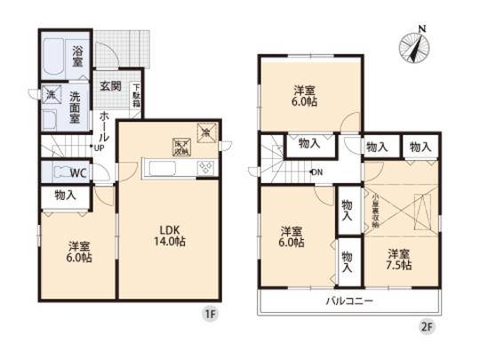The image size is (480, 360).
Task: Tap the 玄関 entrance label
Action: [109, 85]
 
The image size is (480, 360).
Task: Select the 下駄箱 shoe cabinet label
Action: [136, 95]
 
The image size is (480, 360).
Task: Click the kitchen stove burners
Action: [204, 168]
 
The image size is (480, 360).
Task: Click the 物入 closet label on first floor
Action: [66, 195]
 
